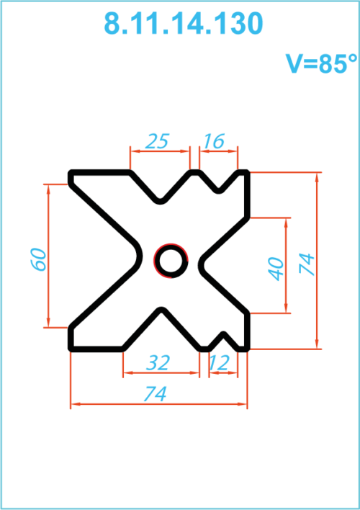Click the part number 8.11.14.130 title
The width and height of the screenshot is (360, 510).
point(183,24)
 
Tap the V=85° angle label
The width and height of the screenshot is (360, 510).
point(321,63)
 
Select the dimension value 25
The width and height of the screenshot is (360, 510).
point(157,141)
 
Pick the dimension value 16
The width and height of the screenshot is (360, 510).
point(214,141)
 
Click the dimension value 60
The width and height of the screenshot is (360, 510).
point(39,259)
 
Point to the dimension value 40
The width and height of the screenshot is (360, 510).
point(276,269)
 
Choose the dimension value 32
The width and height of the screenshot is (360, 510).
point(158,362)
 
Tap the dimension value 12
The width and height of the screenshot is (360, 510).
point(219,362)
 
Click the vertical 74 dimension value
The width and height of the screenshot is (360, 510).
point(307,264)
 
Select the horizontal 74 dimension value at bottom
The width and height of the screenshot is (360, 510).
point(156,393)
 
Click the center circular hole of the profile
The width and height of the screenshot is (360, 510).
point(171,261)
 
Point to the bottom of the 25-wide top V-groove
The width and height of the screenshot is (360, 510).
point(160,202)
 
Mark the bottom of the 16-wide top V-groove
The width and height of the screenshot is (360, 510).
point(219,191)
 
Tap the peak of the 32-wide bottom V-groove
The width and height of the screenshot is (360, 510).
point(161,309)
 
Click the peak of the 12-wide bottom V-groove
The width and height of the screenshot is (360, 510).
point(224,334)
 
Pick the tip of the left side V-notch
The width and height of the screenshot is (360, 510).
point(140,256)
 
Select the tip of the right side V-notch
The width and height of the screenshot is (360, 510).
point(201,263)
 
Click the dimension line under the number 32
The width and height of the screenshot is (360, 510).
point(161,372)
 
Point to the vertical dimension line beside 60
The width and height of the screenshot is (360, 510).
point(48,256)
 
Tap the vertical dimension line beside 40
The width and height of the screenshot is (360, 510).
point(286,265)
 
